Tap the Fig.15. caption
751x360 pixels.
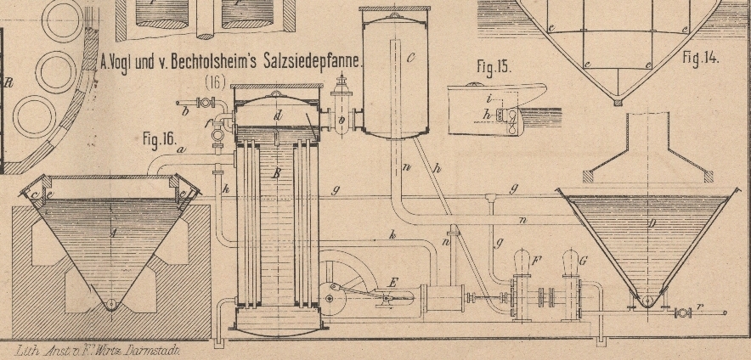pos(494,67)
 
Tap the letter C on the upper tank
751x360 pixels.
pos(410,58)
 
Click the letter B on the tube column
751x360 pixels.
pos(276,174)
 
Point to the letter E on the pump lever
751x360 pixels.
pos(392,282)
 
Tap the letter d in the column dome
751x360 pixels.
pos(277,114)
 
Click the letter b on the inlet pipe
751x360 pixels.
pos(184,109)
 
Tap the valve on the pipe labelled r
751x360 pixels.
pos(680,312)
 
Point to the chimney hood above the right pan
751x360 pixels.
pos(648,153)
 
